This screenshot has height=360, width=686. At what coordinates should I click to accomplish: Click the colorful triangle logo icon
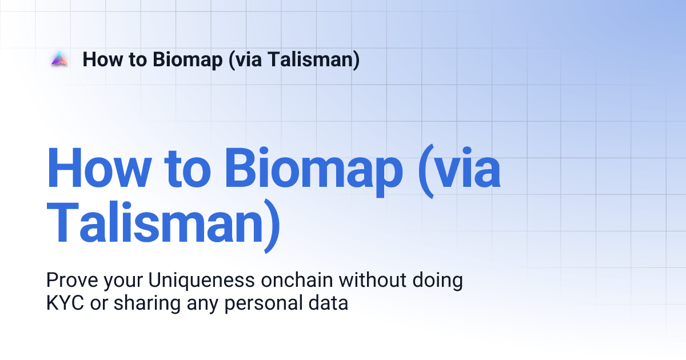pyautogui.click(x=59, y=59)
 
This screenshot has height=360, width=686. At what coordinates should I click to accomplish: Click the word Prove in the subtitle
pyautogui.click(x=70, y=281)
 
